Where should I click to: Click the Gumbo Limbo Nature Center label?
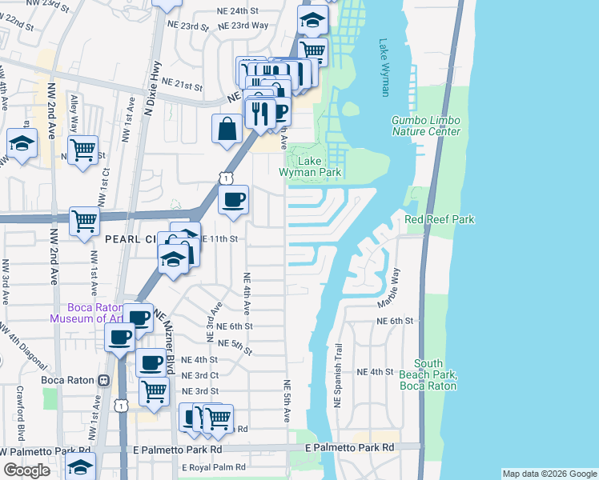pyautogui.click(x=425, y=126)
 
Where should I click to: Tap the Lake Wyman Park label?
pyautogui.click(x=310, y=166)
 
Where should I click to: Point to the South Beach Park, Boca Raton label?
pyautogui.click(x=436, y=374)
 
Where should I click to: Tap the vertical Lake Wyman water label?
pyautogui.click(x=384, y=68)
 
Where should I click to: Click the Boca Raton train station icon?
pyautogui.click(x=103, y=380)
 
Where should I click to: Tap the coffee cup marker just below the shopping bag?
pyautogui.click(x=233, y=199)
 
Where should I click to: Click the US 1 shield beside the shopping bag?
pyautogui.click(x=227, y=178)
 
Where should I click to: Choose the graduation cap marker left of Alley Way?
pyautogui.click(x=22, y=144)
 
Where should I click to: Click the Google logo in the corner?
pyautogui.click(x=26, y=470)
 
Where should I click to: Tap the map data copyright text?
pyautogui.click(x=549, y=474)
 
